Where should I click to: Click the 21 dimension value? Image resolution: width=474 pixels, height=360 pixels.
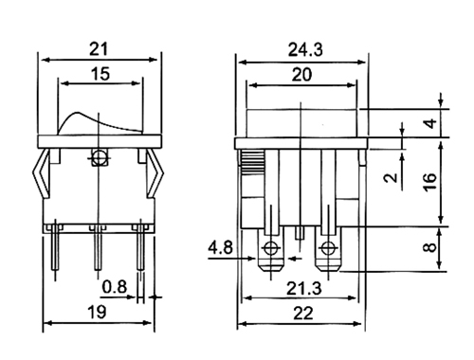[99, 49]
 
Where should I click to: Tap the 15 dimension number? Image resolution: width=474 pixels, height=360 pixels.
[100, 74]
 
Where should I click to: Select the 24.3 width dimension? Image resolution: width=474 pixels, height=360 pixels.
[305, 50]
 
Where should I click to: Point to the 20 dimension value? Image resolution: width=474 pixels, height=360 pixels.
[301, 75]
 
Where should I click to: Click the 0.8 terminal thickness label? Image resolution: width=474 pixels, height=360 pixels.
[115, 287]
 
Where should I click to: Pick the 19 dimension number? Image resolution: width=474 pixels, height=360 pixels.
[97, 312]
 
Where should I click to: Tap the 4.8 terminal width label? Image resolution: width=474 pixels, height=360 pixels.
[220, 247]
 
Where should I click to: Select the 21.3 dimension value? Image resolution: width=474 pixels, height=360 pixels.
[304, 289]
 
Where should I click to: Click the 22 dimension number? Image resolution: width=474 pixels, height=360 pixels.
[303, 314]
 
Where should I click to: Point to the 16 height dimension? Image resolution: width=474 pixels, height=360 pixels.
[430, 182]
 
